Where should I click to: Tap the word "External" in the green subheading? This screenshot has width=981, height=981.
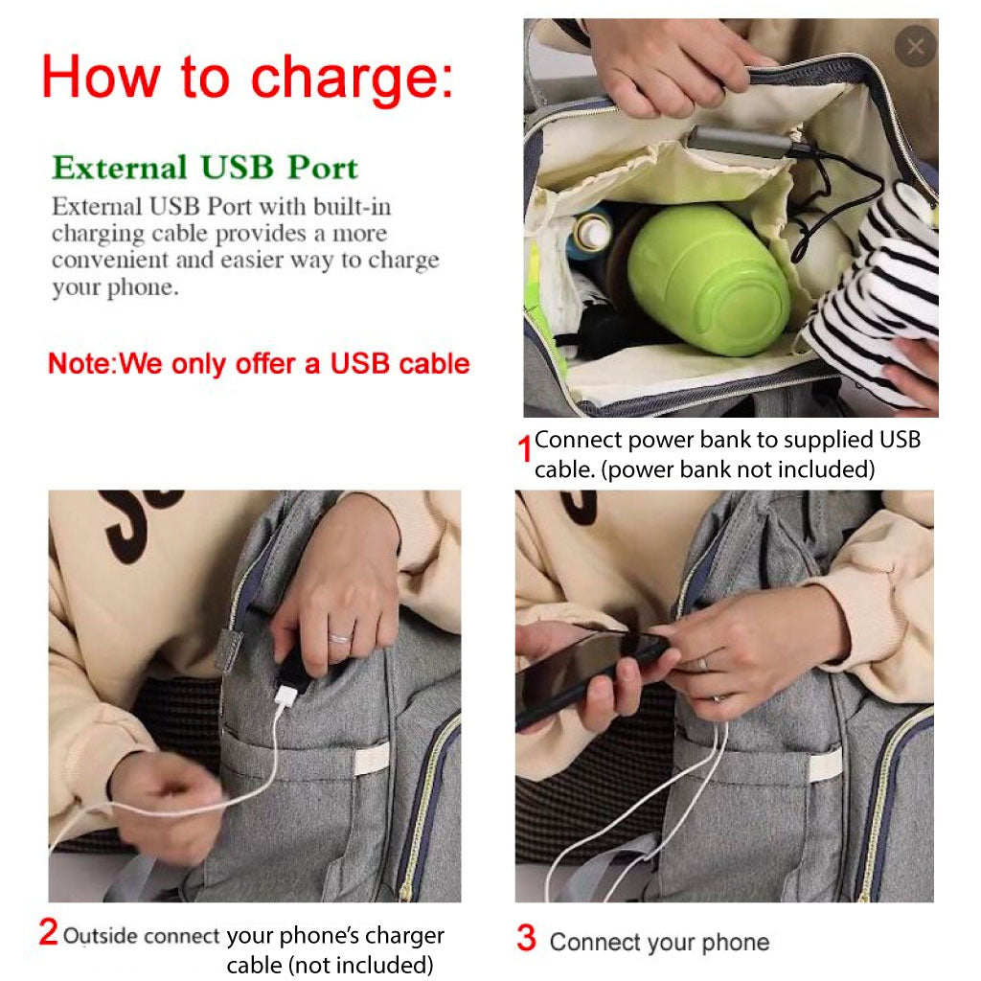pos(120,168)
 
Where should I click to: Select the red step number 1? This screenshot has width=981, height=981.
pos(524,448)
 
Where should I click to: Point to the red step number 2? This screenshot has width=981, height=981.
pos(48,932)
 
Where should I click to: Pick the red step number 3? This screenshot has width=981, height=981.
pos(527,939)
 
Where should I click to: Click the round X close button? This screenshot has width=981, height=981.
pos(915,46)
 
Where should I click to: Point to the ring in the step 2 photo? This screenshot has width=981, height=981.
pos(340,638)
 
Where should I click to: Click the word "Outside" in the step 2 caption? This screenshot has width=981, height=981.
pos(101,936)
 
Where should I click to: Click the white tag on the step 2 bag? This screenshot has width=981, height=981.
pos(371,759)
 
